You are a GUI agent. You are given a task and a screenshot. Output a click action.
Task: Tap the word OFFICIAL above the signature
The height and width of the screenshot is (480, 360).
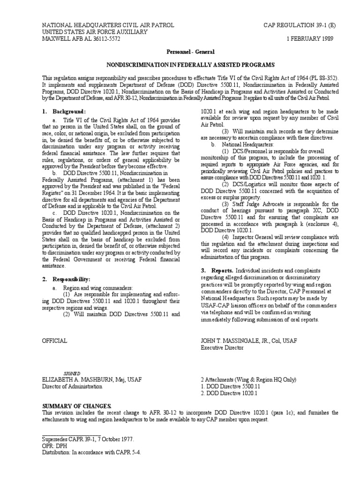(x=55, y=341)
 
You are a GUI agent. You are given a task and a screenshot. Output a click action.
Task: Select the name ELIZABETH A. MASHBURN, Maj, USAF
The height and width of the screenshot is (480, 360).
(x=92, y=379)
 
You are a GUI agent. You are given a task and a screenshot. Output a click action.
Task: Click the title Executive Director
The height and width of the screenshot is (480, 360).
(x=222, y=348)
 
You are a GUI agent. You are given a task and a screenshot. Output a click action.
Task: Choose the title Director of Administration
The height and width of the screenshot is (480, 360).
(x=72, y=386)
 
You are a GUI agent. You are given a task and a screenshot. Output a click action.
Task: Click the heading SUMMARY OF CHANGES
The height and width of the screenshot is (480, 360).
(x=77, y=405)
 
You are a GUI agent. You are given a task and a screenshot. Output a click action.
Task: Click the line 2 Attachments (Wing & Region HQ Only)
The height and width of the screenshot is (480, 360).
(x=248, y=379)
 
